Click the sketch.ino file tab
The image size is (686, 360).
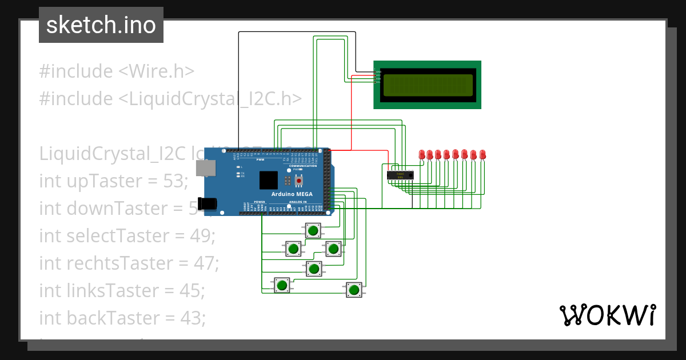101,25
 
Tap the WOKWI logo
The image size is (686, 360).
607,315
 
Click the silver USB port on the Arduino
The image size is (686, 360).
206,167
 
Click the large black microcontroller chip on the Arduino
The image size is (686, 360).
268,180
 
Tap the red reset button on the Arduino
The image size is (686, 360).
297,179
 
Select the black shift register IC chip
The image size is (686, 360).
399,174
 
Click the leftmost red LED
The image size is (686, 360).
422,154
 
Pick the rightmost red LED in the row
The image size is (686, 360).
482,154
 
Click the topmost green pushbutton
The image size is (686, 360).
313,231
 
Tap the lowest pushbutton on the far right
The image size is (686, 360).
354,290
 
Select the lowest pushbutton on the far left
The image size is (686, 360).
281,285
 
